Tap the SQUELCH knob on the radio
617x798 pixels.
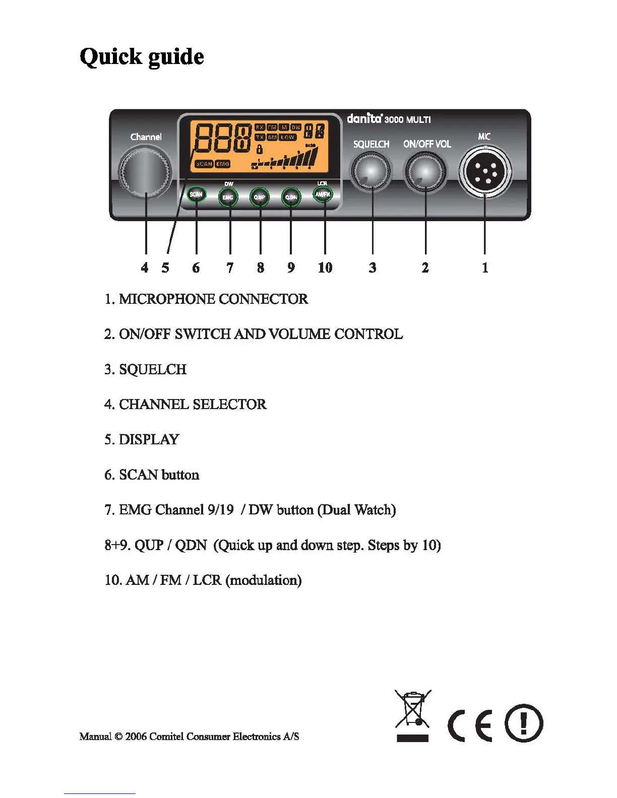(x=372, y=171)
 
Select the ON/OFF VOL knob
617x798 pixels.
(x=425, y=171)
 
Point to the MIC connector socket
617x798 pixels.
(x=485, y=171)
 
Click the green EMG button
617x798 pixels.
(x=228, y=197)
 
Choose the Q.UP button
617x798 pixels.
(x=260, y=197)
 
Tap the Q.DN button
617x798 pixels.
(x=291, y=197)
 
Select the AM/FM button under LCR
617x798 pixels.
(x=323, y=194)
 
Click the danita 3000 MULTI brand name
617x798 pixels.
(x=389, y=119)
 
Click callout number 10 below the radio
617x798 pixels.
(x=325, y=268)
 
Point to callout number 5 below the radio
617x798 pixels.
(x=165, y=268)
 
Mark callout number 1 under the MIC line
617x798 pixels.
(x=485, y=268)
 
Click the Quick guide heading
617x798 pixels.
(x=142, y=57)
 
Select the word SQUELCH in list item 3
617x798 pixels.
(x=153, y=369)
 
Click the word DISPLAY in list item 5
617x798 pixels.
(x=149, y=439)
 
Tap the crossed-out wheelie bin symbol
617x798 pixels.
(x=413, y=710)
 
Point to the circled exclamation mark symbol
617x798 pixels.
(x=524, y=723)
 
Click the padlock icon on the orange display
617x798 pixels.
(x=260, y=149)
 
